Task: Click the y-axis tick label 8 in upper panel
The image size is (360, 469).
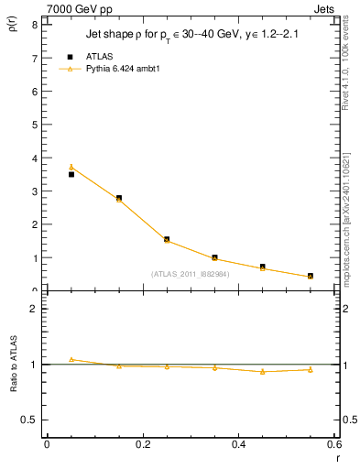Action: (x=35, y=25)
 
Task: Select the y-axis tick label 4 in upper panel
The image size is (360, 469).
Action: (x=35, y=158)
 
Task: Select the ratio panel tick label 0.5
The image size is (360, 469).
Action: (x=31, y=420)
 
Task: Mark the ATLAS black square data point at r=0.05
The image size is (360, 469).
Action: (x=71, y=174)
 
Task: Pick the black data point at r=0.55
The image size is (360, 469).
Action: (x=311, y=276)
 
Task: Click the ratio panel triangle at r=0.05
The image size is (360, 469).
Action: (x=71, y=359)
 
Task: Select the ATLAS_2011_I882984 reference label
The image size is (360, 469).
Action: (x=191, y=273)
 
